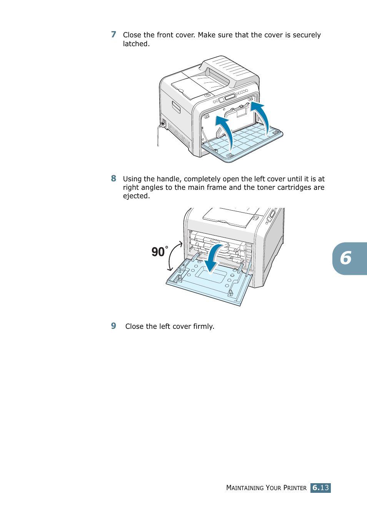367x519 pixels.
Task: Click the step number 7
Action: pyautogui.click(x=113, y=35)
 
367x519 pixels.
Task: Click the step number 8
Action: pyautogui.click(x=113, y=179)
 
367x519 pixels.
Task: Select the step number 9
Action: pyautogui.click(x=113, y=326)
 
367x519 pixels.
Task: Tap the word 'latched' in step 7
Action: pyautogui.click(x=135, y=44)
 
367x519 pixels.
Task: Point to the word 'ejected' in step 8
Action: pyautogui.click(x=135, y=196)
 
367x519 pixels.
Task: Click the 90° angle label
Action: pyautogui.click(x=159, y=252)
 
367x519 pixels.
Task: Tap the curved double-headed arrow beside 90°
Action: pyautogui.click(x=174, y=256)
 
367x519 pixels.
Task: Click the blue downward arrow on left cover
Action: pyautogui.click(x=213, y=258)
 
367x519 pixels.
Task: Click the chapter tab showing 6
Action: pyautogui.click(x=348, y=258)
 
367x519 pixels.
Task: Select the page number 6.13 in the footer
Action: pyautogui.click(x=320, y=488)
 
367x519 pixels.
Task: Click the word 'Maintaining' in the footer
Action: pyautogui.click(x=245, y=488)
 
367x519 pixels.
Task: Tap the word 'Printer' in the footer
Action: pyautogui.click(x=295, y=488)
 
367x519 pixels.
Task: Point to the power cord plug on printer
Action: pyautogui.click(x=163, y=124)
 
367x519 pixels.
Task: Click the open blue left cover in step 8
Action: pyautogui.click(x=208, y=283)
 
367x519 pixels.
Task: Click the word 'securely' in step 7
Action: pyautogui.click(x=307, y=35)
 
